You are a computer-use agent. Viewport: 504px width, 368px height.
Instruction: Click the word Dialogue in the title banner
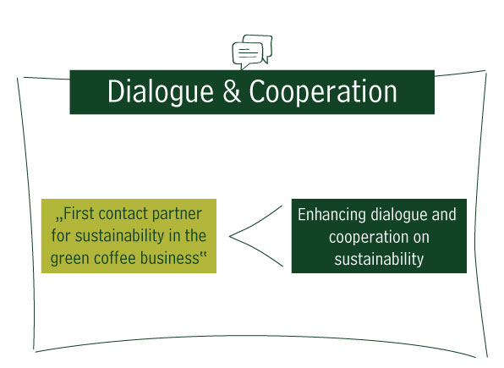click(x=161, y=92)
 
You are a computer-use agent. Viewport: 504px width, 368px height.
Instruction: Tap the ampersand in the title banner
click(x=232, y=91)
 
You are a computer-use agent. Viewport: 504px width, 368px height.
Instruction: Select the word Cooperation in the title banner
click(x=323, y=92)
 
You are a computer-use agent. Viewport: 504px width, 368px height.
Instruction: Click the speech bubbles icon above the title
click(x=252, y=52)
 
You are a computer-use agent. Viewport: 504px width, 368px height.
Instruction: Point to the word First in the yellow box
click(x=79, y=213)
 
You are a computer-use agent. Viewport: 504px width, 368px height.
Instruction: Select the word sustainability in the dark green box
click(x=379, y=260)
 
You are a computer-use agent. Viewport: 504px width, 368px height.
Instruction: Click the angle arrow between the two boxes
click(x=229, y=236)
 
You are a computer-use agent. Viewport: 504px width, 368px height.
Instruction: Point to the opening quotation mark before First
click(x=59, y=219)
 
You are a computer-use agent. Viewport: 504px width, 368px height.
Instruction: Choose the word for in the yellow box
click(x=61, y=235)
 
